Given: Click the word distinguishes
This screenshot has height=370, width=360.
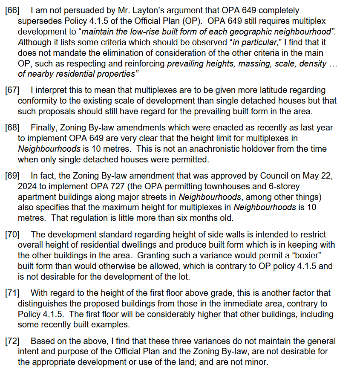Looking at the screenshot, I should point(47,304).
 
